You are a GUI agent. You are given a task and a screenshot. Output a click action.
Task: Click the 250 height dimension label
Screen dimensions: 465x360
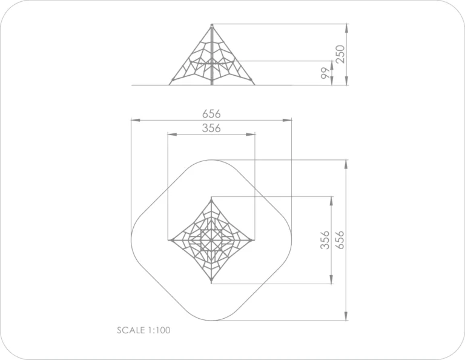click(x=341, y=54)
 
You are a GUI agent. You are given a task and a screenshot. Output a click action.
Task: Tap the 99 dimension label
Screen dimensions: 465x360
click(x=325, y=73)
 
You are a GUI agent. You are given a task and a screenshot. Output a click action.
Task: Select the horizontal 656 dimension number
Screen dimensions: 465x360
click(x=211, y=114)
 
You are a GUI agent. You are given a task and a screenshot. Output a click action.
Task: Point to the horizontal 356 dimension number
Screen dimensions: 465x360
click(x=211, y=128)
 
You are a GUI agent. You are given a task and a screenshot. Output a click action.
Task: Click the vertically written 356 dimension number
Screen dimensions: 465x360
click(x=325, y=240)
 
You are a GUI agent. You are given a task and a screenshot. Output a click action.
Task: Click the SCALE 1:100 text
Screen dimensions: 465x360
click(x=143, y=330)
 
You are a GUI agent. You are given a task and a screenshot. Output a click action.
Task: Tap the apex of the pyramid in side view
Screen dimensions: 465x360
click(x=212, y=25)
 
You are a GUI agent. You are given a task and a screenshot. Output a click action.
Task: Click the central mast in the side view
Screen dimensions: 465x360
click(x=212, y=55)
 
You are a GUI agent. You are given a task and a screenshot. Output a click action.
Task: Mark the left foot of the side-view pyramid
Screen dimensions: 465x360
click(x=170, y=85)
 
